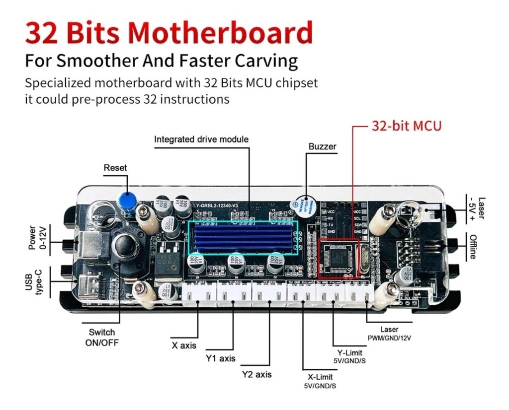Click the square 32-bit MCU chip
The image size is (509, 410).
click(338, 258)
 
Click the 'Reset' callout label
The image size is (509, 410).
click(115, 168)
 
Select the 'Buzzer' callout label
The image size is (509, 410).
click(322, 146)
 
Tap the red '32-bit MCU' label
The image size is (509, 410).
click(406, 126)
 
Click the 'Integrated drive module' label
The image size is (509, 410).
click(201, 139)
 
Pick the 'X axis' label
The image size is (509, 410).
click(184, 345)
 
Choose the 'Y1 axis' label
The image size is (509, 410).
click(220, 358)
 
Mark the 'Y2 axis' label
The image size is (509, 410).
click(256, 374)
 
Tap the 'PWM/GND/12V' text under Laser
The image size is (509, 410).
click(389, 338)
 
